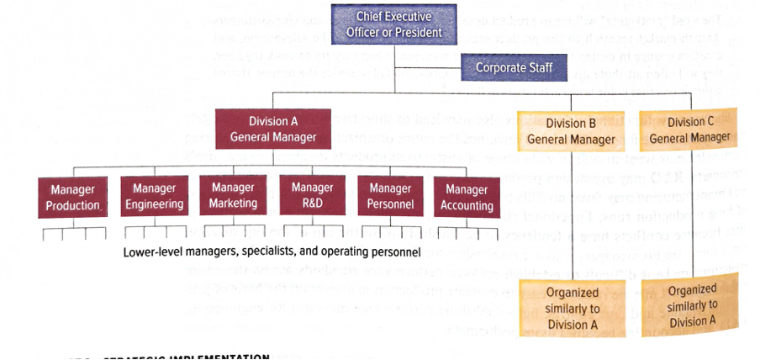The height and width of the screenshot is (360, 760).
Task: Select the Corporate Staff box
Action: [x=515, y=67]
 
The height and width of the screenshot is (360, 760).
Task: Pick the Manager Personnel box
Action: [x=390, y=196]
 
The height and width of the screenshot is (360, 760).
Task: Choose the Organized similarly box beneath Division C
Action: [x=689, y=305]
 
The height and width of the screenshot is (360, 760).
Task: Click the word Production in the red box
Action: [x=73, y=206]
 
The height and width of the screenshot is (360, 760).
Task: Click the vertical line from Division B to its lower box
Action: [x=571, y=219]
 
